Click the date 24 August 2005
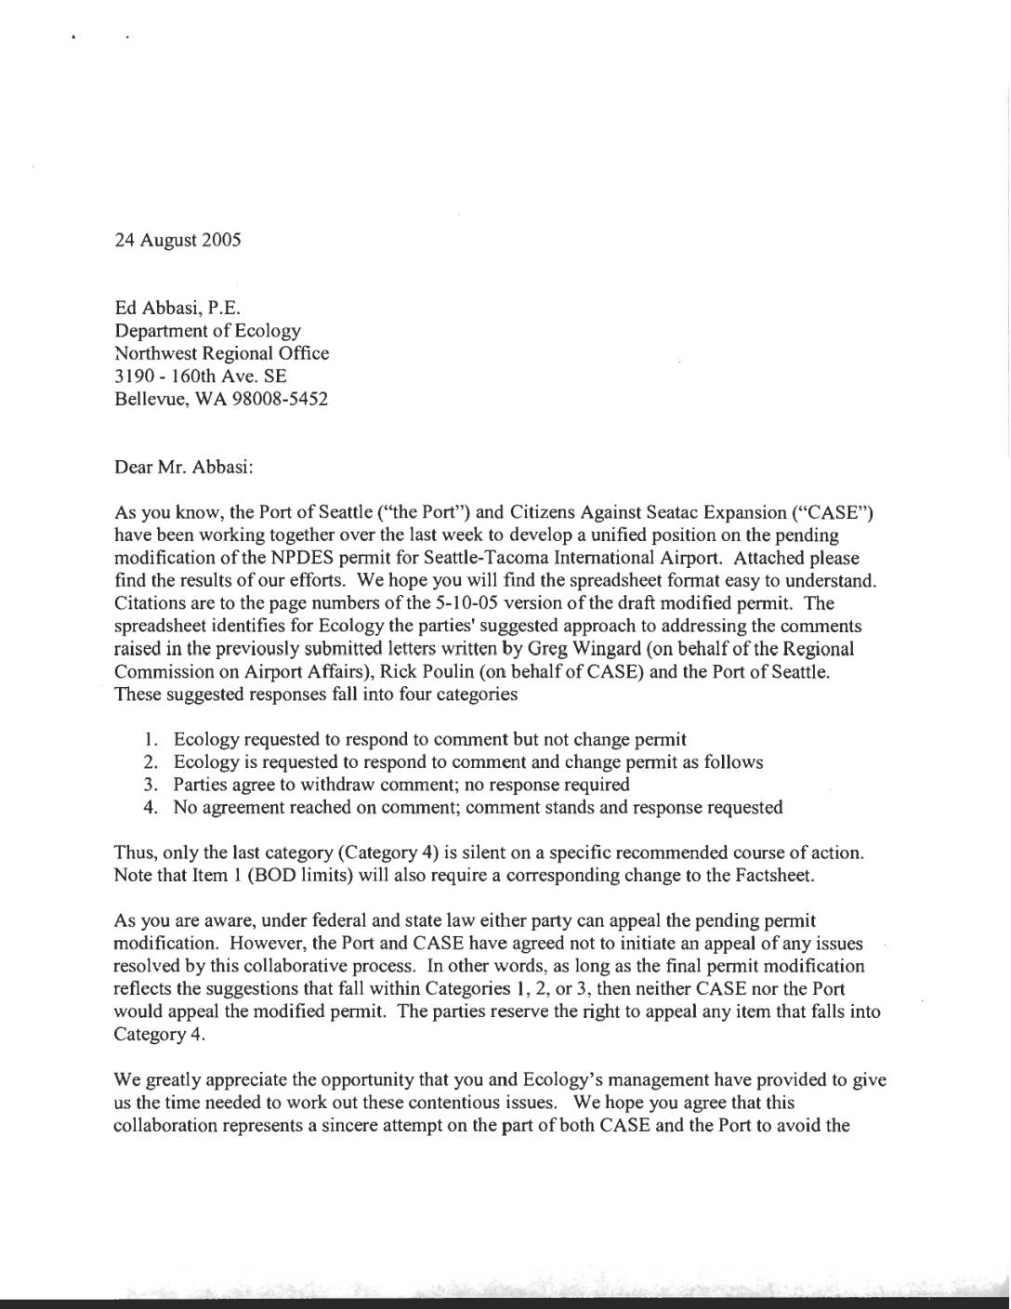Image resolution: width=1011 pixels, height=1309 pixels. (x=177, y=240)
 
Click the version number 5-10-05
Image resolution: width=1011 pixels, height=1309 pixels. (x=518, y=603)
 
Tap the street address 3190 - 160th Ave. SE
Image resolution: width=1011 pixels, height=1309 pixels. (x=200, y=376)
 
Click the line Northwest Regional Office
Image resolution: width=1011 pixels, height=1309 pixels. (x=221, y=353)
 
